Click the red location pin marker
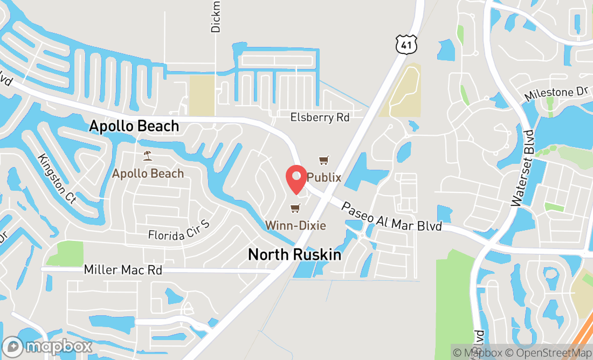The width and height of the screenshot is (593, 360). pyautogui.click(x=296, y=179)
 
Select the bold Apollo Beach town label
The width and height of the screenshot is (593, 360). pyautogui.click(x=134, y=126)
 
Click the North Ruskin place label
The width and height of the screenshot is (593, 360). pyautogui.click(x=294, y=255)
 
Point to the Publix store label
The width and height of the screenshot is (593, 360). pyautogui.click(x=324, y=177)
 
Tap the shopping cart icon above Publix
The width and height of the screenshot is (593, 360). pyautogui.click(x=323, y=160)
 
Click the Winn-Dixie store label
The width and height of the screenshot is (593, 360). pyautogui.click(x=295, y=225)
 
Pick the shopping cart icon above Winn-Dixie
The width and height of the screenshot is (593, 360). pyautogui.click(x=295, y=208)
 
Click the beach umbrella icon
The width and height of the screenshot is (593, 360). pyautogui.click(x=147, y=156)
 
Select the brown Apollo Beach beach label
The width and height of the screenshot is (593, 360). pyautogui.click(x=148, y=174)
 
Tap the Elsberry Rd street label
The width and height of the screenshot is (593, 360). pyautogui.click(x=320, y=117)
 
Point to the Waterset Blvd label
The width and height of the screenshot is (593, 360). pyautogui.click(x=522, y=168)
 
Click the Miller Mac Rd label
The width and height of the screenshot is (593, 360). pyautogui.click(x=123, y=269)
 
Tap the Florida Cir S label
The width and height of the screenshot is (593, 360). pyautogui.click(x=177, y=234)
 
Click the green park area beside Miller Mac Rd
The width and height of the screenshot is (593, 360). pyautogui.click(x=66, y=253)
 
